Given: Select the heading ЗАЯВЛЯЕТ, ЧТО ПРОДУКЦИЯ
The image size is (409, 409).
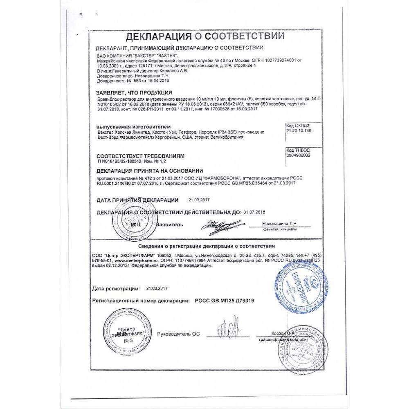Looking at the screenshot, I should tap(134, 93).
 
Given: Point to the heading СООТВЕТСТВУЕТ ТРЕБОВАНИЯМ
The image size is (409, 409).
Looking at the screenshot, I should tap(141, 156).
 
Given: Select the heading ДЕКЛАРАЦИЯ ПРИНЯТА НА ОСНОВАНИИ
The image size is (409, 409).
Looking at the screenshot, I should tap(149, 171).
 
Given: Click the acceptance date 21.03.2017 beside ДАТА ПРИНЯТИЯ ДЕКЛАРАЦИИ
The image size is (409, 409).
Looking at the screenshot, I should tap(199, 200).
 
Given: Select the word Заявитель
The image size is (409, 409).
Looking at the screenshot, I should tap(171, 225).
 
